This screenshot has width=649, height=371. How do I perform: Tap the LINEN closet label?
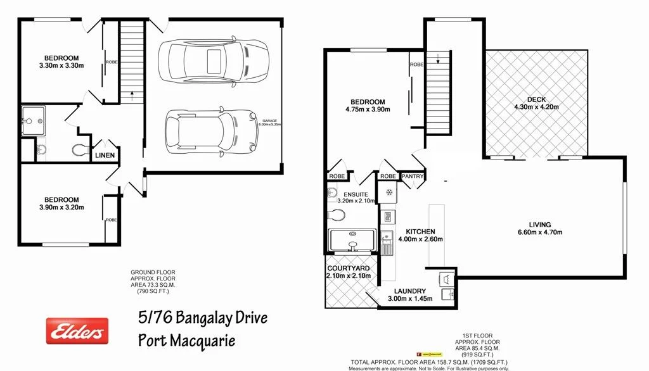(104, 155)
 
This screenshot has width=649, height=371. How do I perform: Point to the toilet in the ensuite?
(337, 216)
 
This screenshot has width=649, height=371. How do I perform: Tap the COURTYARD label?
(349, 268)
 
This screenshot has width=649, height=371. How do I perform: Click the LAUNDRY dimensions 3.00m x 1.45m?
(409, 298)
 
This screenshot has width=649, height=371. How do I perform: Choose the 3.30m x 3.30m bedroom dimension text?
(61, 65)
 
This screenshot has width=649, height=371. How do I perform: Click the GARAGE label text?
(271, 120)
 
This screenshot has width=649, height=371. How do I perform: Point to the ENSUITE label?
(356, 194)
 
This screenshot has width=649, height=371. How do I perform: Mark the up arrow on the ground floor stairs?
(132, 96)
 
